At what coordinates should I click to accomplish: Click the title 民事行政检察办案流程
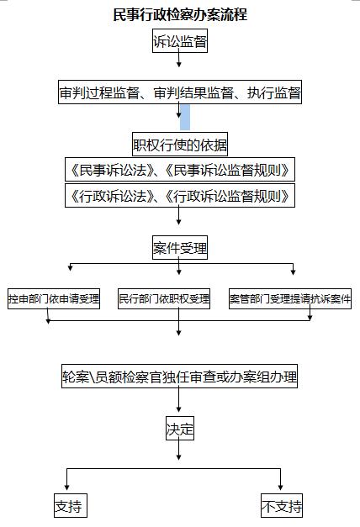(180, 14)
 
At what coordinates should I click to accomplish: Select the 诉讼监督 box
(180, 41)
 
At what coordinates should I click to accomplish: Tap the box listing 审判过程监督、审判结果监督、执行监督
(180, 92)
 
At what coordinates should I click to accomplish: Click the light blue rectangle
(185, 117)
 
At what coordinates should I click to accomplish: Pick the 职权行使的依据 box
(180, 145)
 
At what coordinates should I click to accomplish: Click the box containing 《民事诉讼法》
(180, 170)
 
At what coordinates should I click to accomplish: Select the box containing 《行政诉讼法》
(180, 195)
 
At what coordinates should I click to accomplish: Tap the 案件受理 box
(180, 248)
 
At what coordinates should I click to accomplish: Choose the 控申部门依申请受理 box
(54, 298)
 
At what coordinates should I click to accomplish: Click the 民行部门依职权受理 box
(164, 298)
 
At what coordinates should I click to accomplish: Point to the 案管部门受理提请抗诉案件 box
(290, 298)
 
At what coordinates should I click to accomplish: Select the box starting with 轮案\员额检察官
(179, 376)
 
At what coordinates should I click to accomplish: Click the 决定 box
(180, 429)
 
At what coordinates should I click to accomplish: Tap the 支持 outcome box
(71, 505)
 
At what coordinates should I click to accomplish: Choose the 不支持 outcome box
(282, 505)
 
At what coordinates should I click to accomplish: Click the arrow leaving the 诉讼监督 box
(179, 60)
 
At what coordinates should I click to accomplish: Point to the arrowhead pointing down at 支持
(66, 487)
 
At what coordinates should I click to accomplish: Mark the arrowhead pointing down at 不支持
(280, 487)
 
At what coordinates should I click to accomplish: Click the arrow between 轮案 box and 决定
(178, 400)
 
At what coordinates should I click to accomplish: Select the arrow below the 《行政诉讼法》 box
(178, 216)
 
